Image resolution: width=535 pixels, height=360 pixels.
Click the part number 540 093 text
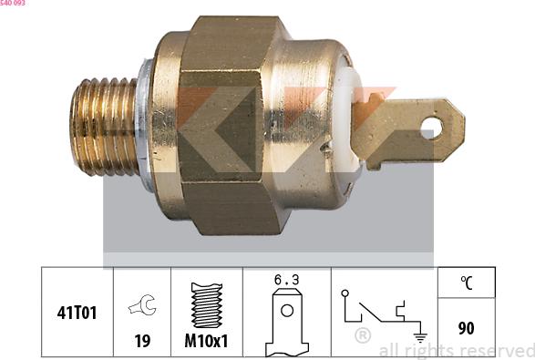click(x=13, y=4)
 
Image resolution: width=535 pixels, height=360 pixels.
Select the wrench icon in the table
click(x=142, y=306)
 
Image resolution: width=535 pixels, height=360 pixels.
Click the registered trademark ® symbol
click(x=362, y=336)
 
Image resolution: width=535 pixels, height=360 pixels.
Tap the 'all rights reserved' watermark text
click(x=456, y=351)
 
